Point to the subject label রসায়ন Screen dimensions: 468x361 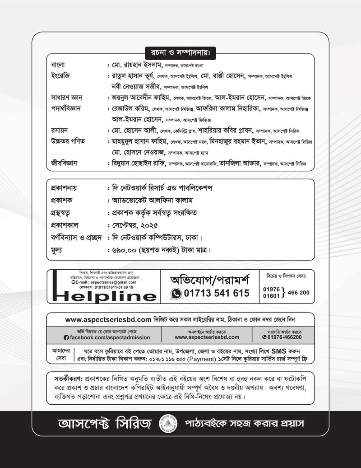pyautogui.click(x=60, y=130)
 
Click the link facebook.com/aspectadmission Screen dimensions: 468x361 pyautogui.click(x=109, y=337)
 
